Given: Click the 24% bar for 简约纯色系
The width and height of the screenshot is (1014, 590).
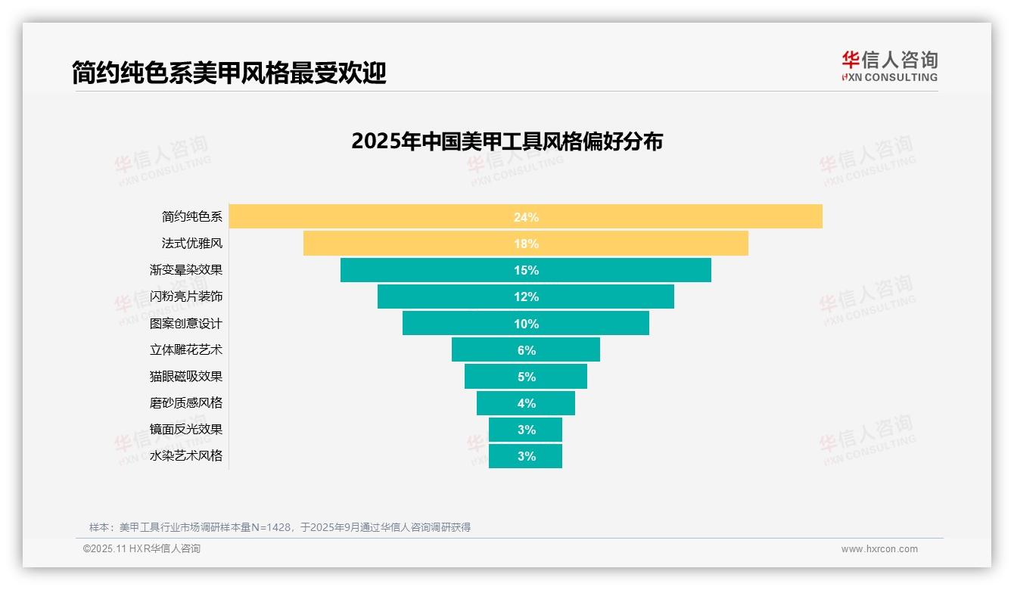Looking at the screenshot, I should click(525, 216).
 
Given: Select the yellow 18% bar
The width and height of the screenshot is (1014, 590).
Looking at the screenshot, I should click(525, 244).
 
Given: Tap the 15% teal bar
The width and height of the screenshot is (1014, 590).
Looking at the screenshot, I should click(525, 270).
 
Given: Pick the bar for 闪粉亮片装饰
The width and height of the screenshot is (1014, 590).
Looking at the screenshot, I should click(525, 297).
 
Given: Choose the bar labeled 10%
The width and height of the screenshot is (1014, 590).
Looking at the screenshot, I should click(525, 323).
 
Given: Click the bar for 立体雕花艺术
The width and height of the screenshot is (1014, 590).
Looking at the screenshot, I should click(525, 349).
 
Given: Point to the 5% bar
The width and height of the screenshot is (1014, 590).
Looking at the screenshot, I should click(525, 376).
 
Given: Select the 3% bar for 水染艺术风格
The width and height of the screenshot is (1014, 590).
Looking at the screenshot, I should click(525, 456).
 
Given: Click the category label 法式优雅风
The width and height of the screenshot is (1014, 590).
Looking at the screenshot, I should click(192, 244).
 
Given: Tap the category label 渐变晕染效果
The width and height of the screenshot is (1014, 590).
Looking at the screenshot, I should click(186, 270).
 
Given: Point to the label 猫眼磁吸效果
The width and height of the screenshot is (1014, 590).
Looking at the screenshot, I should click(186, 376).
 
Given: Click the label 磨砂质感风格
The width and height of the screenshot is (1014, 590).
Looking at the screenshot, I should click(186, 402).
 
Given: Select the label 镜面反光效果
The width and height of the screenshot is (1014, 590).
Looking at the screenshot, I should click(186, 429).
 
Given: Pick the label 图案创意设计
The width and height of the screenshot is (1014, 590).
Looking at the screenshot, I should click(186, 323).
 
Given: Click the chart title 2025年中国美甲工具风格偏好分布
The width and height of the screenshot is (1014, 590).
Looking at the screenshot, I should click(507, 141).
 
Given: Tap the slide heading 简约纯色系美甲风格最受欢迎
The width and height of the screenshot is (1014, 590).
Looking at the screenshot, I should click(229, 73).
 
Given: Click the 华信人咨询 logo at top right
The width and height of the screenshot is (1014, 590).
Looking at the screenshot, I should click(889, 66).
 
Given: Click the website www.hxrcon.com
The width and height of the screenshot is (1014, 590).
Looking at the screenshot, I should click(879, 549).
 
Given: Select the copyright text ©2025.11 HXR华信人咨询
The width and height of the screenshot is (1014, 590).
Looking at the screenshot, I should click(142, 549).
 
